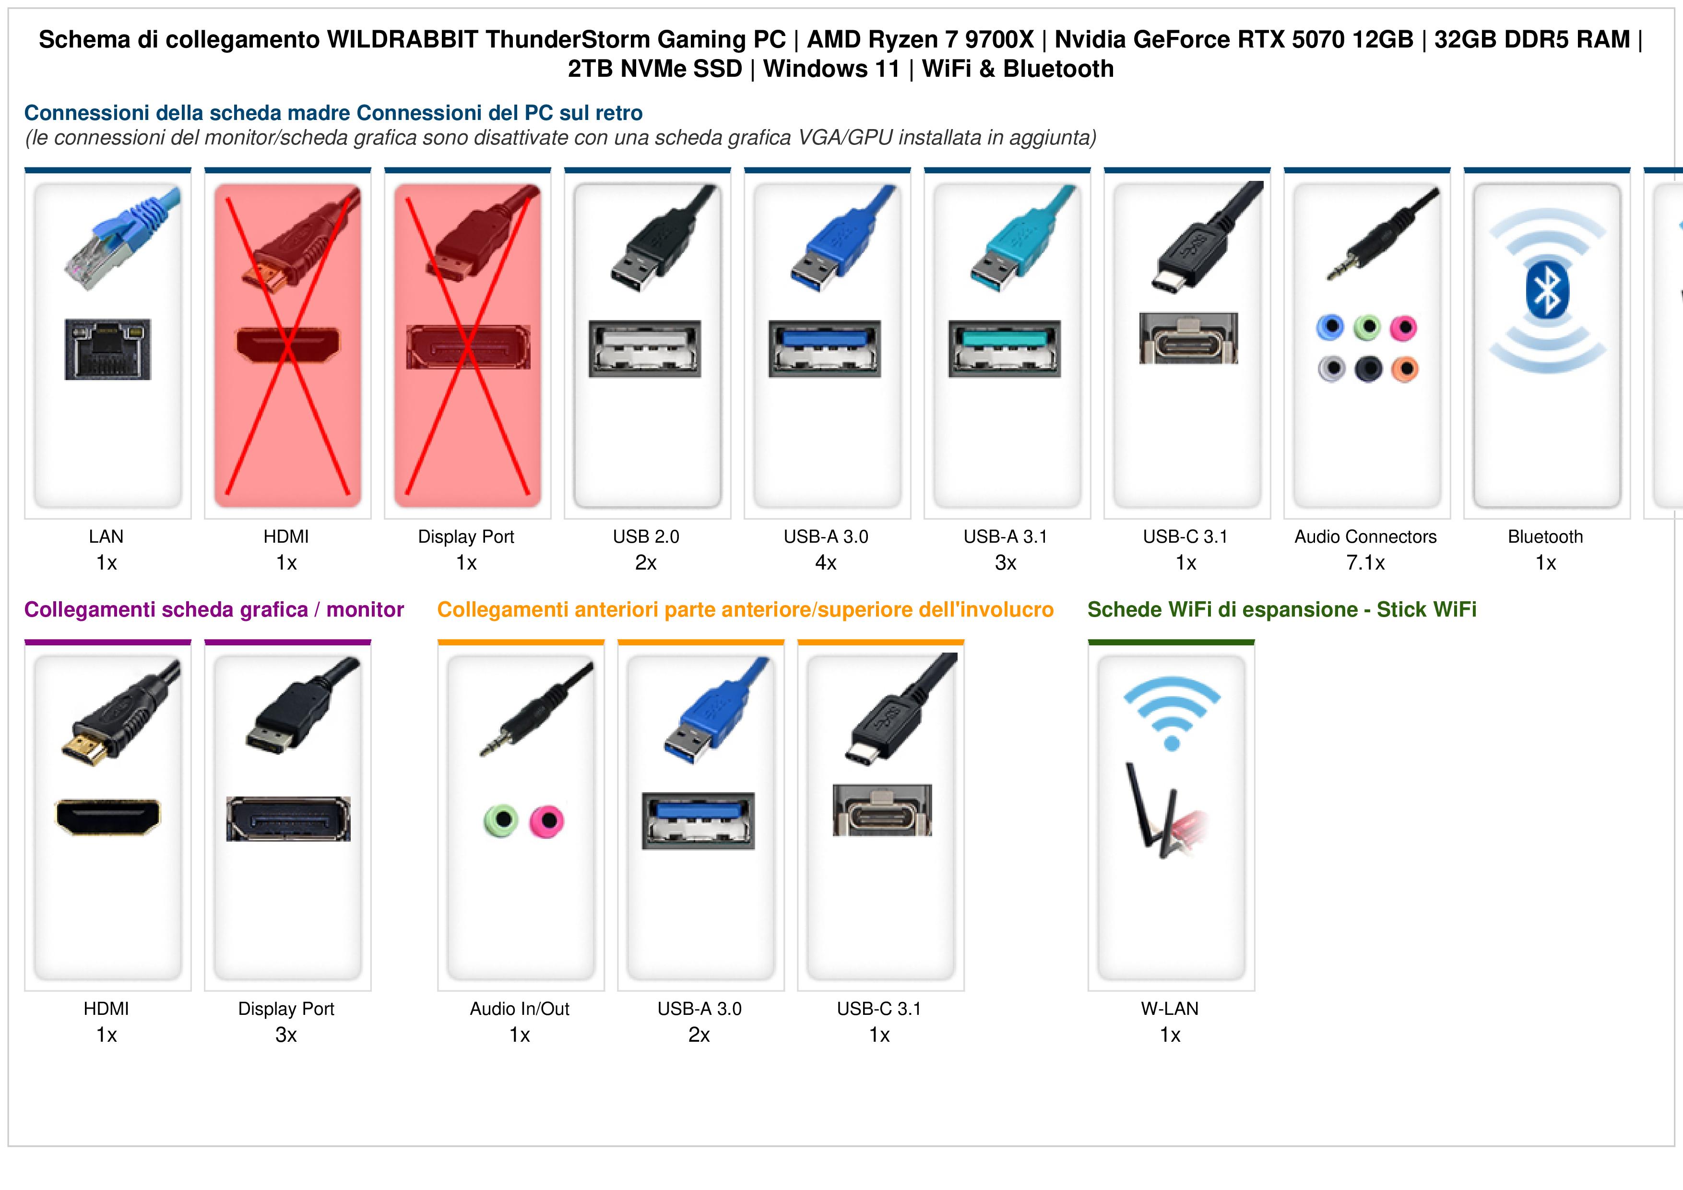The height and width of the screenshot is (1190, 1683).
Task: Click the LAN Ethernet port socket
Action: (x=108, y=349)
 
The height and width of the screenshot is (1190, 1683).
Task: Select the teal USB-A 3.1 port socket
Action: (x=1004, y=348)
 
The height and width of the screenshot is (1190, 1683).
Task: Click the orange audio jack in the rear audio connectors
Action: (x=1404, y=369)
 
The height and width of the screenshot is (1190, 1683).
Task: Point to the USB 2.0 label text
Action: (x=646, y=537)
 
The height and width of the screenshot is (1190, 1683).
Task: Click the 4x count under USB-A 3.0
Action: (x=826, y=563)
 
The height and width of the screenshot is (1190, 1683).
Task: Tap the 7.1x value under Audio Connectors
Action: (x=1365, y=563)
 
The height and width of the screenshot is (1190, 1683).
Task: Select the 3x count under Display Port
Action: (x=286, y=1035)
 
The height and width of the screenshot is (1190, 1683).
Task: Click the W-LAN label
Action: (x=1170, y=1009)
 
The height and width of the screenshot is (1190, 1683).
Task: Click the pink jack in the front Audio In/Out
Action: (x=547, y=821)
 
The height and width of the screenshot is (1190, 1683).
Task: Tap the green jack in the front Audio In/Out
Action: (x=501, y=821)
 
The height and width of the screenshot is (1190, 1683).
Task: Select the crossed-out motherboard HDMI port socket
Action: (x=287, y=345)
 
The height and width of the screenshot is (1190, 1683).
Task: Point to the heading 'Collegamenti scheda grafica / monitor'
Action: (x=214, y=610)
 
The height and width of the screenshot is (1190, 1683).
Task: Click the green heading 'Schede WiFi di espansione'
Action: (x=1222, y=610)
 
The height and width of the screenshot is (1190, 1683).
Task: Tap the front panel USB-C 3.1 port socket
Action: (x=882, y=810)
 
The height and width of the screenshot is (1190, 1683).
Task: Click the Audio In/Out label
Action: (x=520, y=1009)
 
